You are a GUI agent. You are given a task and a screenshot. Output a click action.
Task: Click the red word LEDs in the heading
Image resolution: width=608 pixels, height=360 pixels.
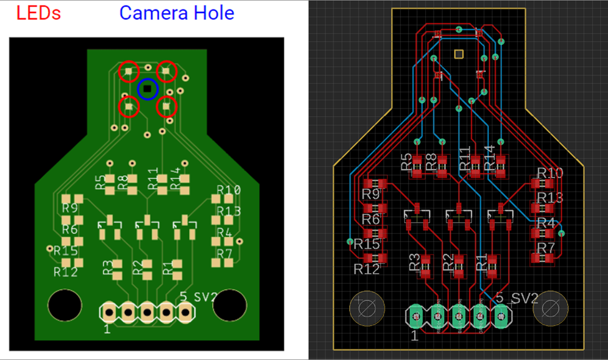(x=39, y=12)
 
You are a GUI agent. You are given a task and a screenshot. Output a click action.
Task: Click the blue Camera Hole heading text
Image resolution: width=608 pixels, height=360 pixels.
(x=176, y=12)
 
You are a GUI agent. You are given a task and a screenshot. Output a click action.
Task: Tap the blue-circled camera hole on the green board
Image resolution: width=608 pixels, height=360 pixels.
(x=148, y=90)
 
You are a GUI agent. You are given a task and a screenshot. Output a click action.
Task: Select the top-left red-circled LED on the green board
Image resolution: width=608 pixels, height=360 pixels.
(x=129, y=72)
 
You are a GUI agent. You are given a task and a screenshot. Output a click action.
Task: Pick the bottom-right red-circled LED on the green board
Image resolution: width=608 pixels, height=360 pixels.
(x=166, y=107)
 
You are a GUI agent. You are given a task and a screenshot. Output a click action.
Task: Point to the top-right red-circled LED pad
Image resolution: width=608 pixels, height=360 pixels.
(x=166, y=72)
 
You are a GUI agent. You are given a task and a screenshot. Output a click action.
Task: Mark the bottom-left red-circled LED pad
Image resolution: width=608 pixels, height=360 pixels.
(x=129, y=107)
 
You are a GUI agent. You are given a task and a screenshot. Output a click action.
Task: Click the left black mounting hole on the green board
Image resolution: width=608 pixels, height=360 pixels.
(x=64, y=305)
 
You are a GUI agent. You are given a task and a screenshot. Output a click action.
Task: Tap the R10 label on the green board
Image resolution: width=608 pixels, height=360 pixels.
(x=228, y=190)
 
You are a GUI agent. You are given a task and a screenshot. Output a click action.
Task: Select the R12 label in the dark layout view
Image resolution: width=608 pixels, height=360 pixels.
(x=367, y=269)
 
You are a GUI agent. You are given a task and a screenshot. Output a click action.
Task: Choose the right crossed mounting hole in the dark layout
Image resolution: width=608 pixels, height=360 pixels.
(x=552, y=308)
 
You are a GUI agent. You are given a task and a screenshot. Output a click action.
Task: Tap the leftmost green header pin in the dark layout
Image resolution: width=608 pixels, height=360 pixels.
(x=416, y=317)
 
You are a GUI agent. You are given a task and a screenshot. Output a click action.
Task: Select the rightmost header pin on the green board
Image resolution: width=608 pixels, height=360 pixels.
(x=185, y=311)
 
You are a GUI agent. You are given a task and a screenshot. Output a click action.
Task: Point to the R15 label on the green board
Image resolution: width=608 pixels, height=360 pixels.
(x=65, y=250)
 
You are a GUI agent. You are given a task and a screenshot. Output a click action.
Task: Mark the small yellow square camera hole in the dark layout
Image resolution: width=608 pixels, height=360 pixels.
(x=459, y=54)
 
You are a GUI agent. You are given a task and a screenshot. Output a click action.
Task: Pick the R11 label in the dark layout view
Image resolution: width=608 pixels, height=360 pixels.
(x=465, y=159)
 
